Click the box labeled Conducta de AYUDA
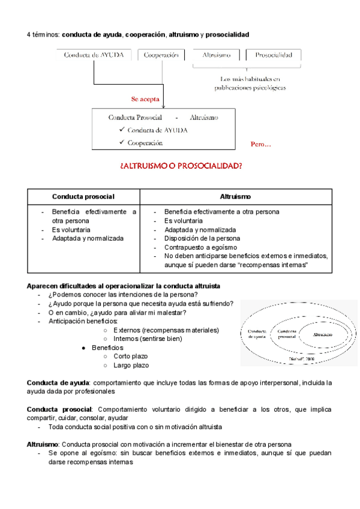click(x=94, y=55)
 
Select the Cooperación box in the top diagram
click(x=161, y=55)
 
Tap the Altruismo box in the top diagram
click(x=217, y=55)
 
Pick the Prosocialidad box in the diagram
click(x=274, y=55)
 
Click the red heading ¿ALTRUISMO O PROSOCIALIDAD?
click(x=181, y=166)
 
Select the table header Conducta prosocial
click(x=83, y=197)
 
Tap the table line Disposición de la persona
click(x=202, y=238)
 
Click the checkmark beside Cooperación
click(x=122, y=142)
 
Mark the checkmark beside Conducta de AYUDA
click(x=122, y=130)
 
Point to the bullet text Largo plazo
click(x=131, y=365)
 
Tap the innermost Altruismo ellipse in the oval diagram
click(x=323, y=333)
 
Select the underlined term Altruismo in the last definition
click(x=42, y=444)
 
